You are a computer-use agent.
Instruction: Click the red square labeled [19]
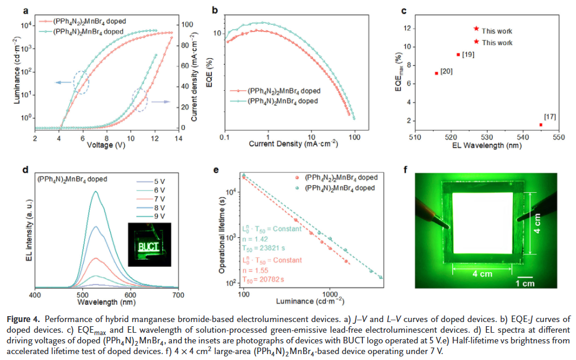coord(458,55)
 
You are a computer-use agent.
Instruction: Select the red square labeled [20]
coord(437,73)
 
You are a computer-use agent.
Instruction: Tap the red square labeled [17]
coord(541,125)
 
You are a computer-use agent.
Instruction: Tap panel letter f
coord(405,170)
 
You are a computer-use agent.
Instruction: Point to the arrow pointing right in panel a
coord(157,103)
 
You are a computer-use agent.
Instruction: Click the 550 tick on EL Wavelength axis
coord(558,135)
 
